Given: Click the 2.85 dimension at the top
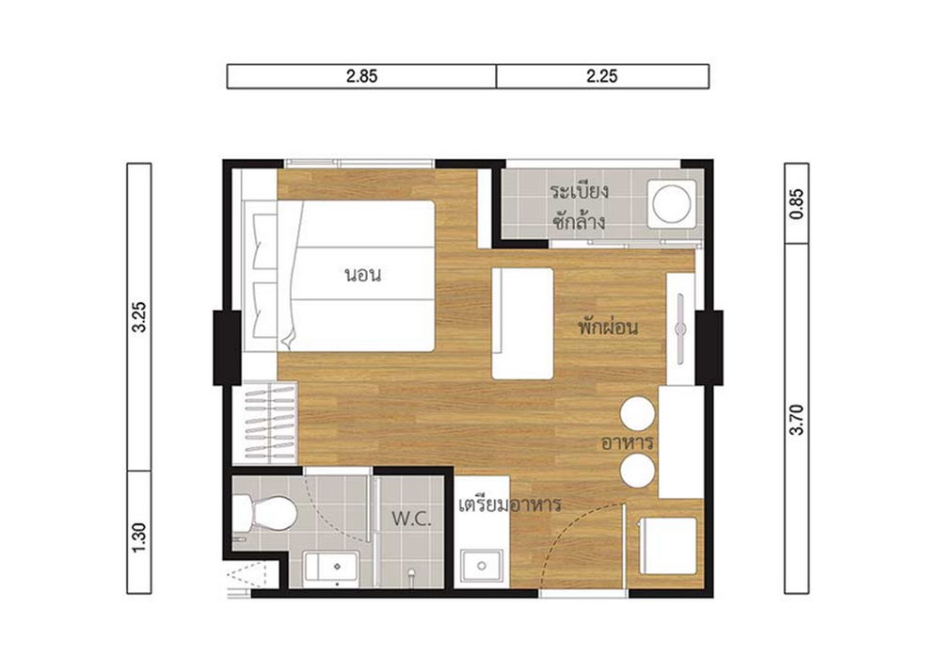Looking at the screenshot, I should click(x=361, y=77).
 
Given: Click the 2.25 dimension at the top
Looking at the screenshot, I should click(x=601, y=77).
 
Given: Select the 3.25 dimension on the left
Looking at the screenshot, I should click(x=139, y=317).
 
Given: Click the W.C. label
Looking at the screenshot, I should click(x=411, y=519).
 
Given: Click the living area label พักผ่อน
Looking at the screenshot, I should click(x=609, y=328).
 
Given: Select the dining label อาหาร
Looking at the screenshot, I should click(x=628, y=441).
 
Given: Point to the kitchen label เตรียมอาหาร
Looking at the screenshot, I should click(x=509, y=504).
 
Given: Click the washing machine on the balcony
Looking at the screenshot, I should click(x=674, y=203).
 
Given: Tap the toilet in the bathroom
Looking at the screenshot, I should click(x=265, y=514).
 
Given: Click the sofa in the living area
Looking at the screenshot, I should click(x=522, y=324).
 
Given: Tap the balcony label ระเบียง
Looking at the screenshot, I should click(x=581, y=191).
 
